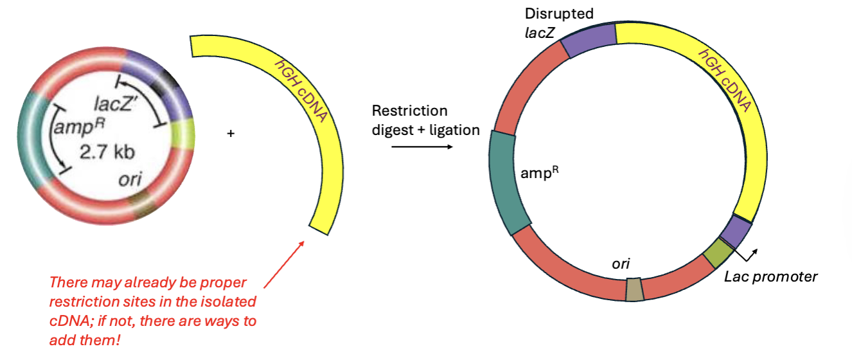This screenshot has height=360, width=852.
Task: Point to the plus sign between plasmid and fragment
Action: pos(231,134)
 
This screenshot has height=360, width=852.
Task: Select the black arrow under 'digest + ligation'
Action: pos(421,146)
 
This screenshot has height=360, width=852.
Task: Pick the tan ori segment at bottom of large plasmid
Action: pos(634,289)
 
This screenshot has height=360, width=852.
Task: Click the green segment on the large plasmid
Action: pos(717,253)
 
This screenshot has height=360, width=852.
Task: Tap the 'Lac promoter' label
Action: pos(770,277)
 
